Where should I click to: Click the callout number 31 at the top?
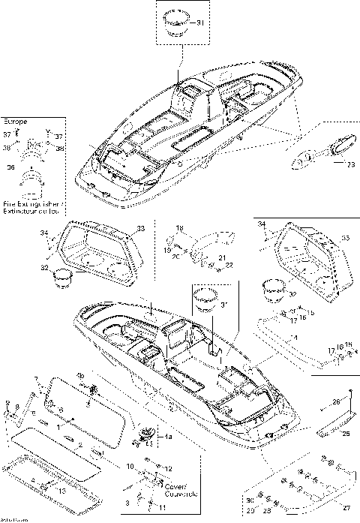tap(200, 24)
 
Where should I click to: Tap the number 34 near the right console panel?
tap(260, 224)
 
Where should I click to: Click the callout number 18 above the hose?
tap(179, 227)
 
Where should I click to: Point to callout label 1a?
tap(169, 437)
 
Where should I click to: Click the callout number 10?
tap(130, 467)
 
